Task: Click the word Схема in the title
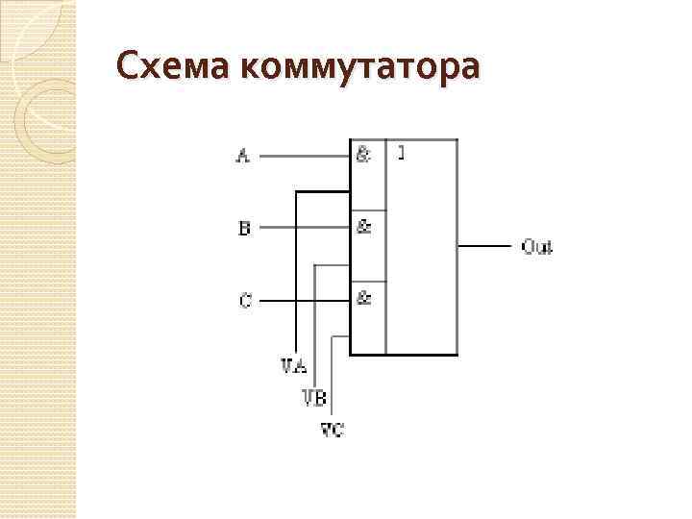(172, 69)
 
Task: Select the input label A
(243, 155)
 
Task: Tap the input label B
(244, 228)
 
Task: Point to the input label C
(244, 301)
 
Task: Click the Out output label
(536, 247)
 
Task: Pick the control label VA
(294, 366)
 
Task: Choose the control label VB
(313, 397)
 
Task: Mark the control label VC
(332, 429)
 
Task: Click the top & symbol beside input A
(364, 154)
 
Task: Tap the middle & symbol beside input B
(364, 227)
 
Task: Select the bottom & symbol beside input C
(364, 299)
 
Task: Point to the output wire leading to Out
(484, 246)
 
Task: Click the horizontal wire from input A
(304, 155)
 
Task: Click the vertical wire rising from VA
(295, 279)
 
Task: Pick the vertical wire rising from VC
(332, 380)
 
